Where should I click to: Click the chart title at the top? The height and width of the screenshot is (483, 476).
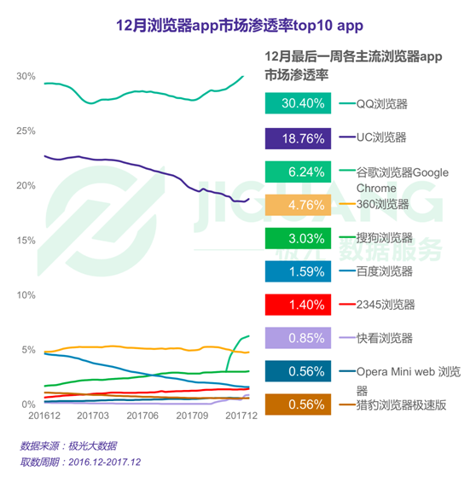(240, 26)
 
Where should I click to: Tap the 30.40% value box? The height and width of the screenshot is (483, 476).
(298, 103)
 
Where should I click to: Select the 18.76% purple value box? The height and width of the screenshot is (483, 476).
(298, 138)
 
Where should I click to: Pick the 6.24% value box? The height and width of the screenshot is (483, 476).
(298, 172)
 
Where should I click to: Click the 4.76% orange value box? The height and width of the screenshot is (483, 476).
(298, 205)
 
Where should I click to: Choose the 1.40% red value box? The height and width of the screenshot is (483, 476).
(298, 305)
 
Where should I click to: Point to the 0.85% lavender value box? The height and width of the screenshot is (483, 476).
(298, 338)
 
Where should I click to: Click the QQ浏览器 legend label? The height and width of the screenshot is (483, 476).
(382, 104)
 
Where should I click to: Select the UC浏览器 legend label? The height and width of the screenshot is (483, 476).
(381, 137)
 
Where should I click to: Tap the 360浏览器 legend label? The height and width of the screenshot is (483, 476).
(382, 204)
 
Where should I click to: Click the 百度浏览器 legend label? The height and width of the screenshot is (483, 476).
(384, 271)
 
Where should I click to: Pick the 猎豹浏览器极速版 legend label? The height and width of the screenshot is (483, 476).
(401, 404)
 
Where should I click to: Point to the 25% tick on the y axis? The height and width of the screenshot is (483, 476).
(26, 131)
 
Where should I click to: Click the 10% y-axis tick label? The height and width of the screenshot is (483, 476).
(26, 295)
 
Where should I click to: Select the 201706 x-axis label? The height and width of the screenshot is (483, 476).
(142, 416)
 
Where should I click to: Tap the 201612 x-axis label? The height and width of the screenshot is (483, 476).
(44, 416)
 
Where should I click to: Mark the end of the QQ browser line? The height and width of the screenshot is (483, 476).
(243, 76)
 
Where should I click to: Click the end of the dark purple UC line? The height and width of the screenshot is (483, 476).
(249, 199)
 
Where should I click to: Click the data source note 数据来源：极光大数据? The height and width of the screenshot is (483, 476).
(68, 445)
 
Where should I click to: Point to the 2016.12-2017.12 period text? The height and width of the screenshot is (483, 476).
(105, 462)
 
